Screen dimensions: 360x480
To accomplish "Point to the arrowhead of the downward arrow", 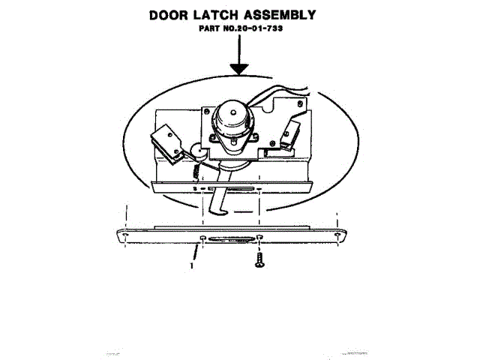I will [239, 70].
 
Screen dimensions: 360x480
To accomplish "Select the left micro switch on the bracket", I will [166, 143].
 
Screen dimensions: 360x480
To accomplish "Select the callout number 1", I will [193, 264].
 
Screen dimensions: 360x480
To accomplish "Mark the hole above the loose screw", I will [259, 238].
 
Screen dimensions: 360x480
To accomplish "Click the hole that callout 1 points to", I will [204, 238].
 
